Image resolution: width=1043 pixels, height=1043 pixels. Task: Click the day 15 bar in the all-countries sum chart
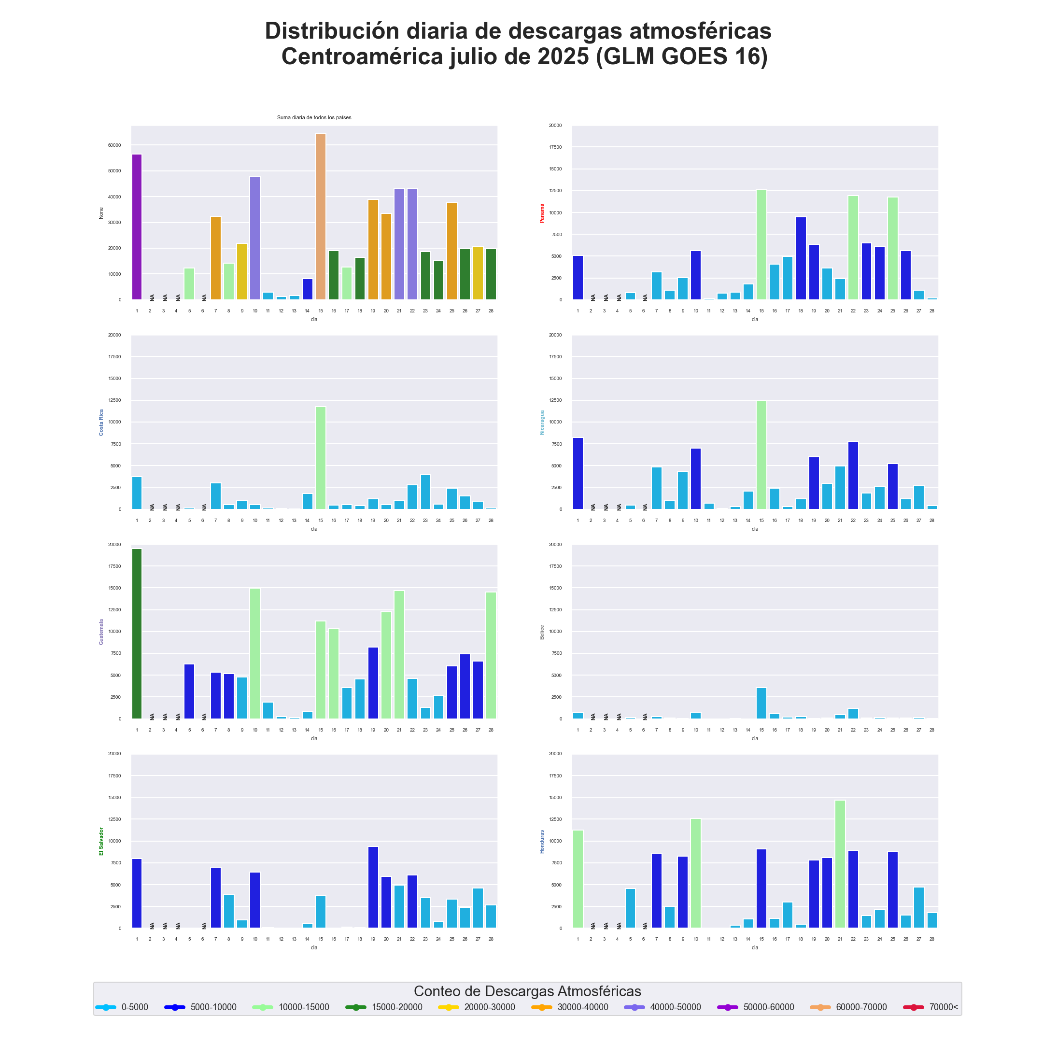coord(321,216)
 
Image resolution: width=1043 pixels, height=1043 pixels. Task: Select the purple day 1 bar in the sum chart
coord(137,227)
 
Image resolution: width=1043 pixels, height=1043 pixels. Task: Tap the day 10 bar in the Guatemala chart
coord(255,653)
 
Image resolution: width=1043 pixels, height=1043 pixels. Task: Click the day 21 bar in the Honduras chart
coord(840,864)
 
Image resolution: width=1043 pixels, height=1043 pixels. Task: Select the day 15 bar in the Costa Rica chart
coord(321,458)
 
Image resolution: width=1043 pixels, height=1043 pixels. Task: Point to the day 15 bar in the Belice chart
coord(761,703)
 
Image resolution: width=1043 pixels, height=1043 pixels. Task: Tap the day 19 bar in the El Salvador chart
coord(373,888)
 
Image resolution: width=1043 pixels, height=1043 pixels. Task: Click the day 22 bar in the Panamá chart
coord(853,247)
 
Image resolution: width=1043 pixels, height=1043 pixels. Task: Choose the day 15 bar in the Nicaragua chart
coord(761,454)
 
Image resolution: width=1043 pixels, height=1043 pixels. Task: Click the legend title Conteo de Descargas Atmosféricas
coord(527,991)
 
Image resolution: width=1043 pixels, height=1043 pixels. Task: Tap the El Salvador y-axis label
coord(101,841)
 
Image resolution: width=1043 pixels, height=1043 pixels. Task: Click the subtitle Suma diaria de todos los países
coord(314,118)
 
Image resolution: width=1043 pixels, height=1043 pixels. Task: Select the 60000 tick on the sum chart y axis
coord(114,145)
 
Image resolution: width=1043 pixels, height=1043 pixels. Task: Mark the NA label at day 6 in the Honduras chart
coord(645,926)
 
